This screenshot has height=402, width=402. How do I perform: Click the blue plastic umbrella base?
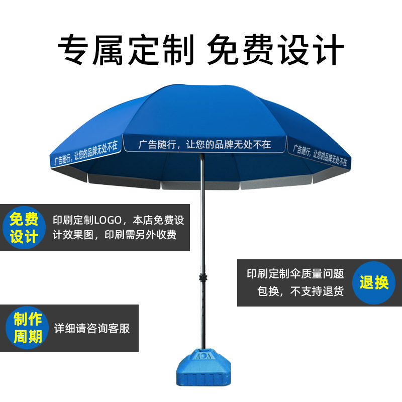[x=204, y=367]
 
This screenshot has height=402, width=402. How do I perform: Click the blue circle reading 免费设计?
[x=24, y=228]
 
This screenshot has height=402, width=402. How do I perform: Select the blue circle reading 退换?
[x=374, y=283]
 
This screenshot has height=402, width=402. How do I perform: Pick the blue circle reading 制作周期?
[x=27, y=328]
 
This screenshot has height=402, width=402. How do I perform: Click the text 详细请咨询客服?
[x=92, y=329]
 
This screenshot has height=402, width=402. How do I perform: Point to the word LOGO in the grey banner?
[x=108, y=221]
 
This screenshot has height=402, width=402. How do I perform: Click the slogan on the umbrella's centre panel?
[x=205, y=145]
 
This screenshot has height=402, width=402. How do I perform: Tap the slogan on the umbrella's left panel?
[x=85, y=153]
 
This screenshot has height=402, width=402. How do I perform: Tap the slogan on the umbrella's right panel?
[x=320, y=155]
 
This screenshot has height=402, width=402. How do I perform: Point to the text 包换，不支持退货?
[x=300, y=291]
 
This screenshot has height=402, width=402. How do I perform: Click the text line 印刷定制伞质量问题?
[x=295, y=274]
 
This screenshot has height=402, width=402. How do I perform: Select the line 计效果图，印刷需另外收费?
[x=115, y=235]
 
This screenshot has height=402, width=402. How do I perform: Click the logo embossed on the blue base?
[x=204, y=356]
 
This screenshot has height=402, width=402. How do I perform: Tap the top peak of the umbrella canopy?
[x=179, y=85]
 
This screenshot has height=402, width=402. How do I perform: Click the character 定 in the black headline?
[x=144, y=49]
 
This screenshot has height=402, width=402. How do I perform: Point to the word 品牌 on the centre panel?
[x=224, y=145]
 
